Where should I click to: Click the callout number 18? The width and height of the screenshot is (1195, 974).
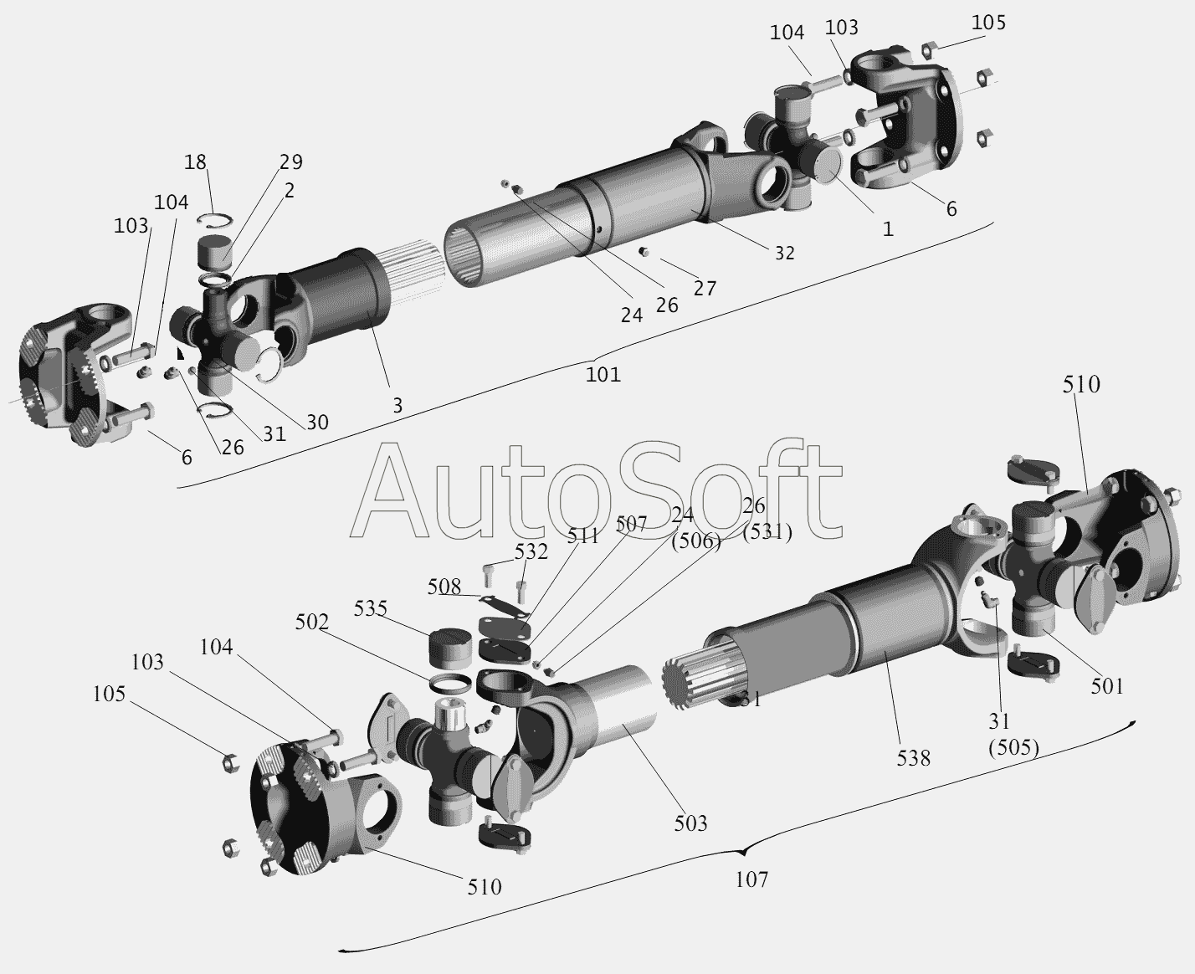[195, 162]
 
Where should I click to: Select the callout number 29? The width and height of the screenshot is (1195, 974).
[291, 161]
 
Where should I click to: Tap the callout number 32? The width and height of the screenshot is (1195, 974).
[785, 253]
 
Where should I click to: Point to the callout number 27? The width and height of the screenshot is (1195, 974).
[705, 288]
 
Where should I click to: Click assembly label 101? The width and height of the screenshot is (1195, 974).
[603, 374]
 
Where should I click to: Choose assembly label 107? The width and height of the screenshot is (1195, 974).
[751, 879]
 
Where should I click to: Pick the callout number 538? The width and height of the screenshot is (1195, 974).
[913, 758]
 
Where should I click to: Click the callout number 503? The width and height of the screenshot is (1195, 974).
[690, 823]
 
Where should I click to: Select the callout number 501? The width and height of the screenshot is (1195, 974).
[1107, 686]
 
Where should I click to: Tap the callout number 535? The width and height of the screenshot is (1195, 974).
[370, 608]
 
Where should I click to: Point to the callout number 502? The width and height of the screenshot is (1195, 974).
[312, 622]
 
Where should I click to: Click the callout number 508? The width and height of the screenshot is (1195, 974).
[444, 587]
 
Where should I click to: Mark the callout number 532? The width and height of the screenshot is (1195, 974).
[531, 551]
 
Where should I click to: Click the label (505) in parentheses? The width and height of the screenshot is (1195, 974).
[1013, 746]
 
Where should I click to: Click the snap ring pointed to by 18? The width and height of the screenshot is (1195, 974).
[215, 220]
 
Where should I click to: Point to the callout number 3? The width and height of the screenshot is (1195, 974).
[397, 406]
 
